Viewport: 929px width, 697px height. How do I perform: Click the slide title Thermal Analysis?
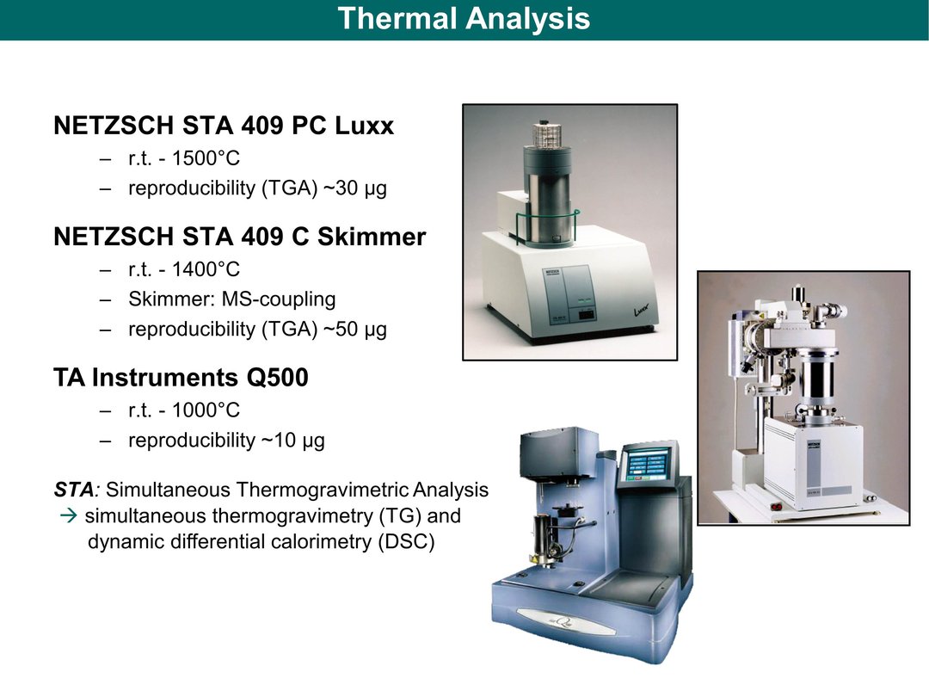coord(464,18)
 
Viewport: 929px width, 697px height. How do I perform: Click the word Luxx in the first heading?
coord(364,126)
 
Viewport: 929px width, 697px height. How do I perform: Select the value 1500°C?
coord(206,158)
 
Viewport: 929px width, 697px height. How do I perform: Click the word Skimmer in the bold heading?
coord(372,237)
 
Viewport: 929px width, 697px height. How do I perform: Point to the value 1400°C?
coord(206,269)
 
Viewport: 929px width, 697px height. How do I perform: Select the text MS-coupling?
coord(279,299)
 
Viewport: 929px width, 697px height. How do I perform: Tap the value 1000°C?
coord(206,410)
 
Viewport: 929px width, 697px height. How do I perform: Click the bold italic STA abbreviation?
coord(73,490)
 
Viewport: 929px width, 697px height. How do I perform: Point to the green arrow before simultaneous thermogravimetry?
coord(69,515)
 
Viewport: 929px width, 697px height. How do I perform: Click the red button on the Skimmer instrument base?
coord(777,506)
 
